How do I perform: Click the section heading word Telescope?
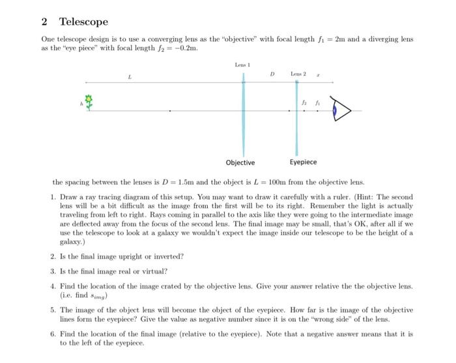click(x=83, y=22)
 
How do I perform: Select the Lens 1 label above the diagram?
click(x=242, y=64)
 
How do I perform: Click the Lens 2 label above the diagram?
click(x=298, y=74)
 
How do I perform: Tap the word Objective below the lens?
click(x=240, y=162)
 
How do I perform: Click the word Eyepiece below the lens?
click(x=303, y=162)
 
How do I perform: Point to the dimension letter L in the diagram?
click(x=130, y=77)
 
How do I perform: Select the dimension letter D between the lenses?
click(x=272, y=74)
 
